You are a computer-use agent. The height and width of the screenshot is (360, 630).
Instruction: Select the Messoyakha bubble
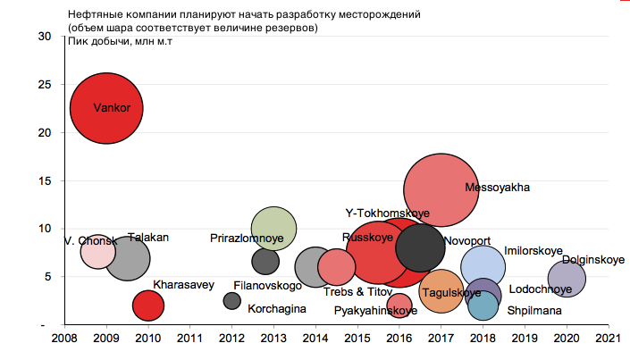point(441,188)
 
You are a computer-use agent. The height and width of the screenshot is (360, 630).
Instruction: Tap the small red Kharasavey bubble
point(147,306)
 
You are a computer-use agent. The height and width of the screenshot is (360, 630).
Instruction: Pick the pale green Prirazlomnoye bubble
point(274,229)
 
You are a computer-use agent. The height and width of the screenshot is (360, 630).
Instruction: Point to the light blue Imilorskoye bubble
point(483,265)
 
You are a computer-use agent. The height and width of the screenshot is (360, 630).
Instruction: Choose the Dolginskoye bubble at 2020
point(567,278)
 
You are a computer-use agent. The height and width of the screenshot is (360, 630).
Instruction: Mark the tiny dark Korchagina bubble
point(232,301)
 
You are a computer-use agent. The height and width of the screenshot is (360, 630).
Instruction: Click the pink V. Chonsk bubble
point(97,251)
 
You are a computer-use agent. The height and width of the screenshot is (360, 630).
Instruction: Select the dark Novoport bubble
point(420,247)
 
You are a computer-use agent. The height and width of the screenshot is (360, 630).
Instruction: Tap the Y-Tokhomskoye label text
point(387,213)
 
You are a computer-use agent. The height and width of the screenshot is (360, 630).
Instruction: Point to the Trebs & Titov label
point(357,292)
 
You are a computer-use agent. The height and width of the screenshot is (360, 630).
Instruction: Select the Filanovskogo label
point(267,286)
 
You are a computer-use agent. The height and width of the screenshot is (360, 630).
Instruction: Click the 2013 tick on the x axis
point(273,339)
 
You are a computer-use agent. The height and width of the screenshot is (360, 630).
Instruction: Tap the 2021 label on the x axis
point(608,339)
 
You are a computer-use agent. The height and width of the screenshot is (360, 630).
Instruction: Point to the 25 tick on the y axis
point(45,84)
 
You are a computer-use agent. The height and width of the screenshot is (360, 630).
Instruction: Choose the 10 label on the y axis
point(45,229)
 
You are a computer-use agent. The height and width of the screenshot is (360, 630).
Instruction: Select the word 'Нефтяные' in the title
point(92,16)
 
